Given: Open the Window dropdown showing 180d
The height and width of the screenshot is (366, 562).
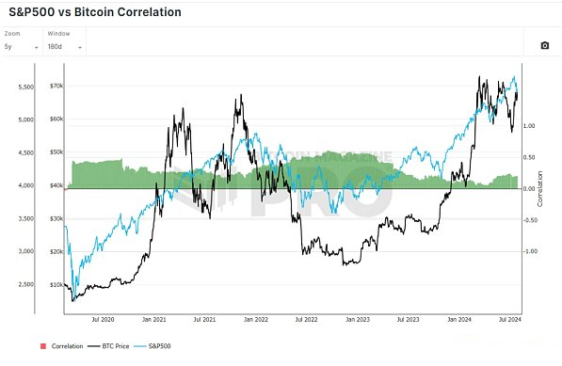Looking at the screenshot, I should click(x=65, y=46).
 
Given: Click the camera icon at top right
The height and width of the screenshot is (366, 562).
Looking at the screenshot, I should click(x=544, y=46).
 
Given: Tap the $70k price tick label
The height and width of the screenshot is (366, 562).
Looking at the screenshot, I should click(x=56, y=87).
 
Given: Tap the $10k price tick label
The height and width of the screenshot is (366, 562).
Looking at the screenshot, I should click(x=56, y=284).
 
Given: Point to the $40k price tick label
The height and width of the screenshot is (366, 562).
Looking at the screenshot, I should click(x=56, y=185).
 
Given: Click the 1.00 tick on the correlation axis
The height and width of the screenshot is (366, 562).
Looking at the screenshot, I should click(x=529, y=125).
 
